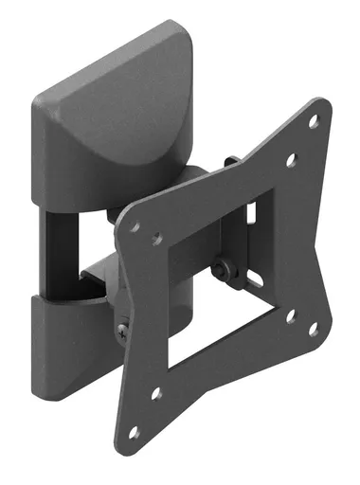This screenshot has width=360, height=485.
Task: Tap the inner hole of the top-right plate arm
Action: [291, 160]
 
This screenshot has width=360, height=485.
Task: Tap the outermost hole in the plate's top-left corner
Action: [135, 227]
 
